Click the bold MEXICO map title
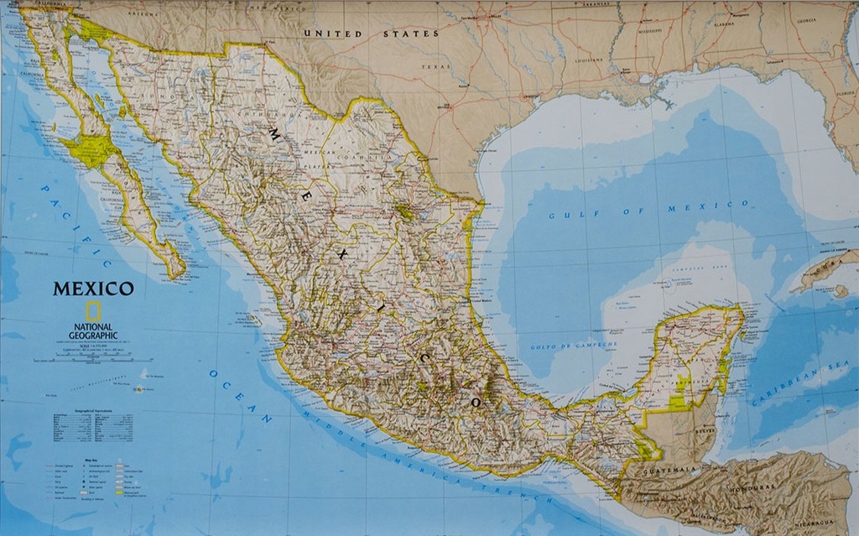[93, 289]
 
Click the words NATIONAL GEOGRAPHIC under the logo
[94, 330]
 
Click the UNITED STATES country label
[371, 34]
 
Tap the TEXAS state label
[436, 66]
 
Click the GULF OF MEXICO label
[648, 209]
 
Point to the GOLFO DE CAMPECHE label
[574, 345]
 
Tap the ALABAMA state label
[723, 24]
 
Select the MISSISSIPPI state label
[650, 29]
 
